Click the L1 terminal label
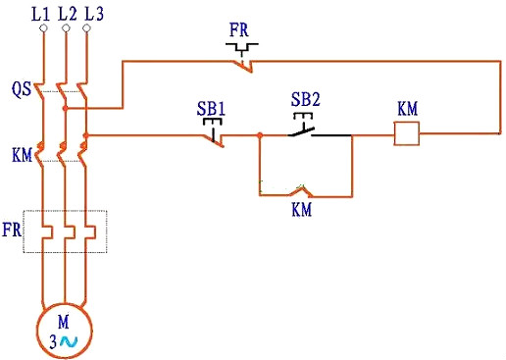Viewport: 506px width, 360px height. pos(41,13)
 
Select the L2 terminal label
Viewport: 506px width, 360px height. pos(67,13)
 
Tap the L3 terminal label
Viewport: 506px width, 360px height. pos(92,13)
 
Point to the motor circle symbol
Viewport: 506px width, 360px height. pos(65,332)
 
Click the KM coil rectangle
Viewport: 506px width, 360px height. pos(407,133)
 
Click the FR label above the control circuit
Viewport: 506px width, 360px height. pos(239,28)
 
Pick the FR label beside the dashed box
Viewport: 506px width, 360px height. pos(12,231)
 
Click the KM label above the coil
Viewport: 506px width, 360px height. pos(407,106)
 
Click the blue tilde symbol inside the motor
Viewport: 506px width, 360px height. pos(70,341)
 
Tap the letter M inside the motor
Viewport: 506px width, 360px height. pos(65,322)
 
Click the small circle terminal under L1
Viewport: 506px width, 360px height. pos(42,29)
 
